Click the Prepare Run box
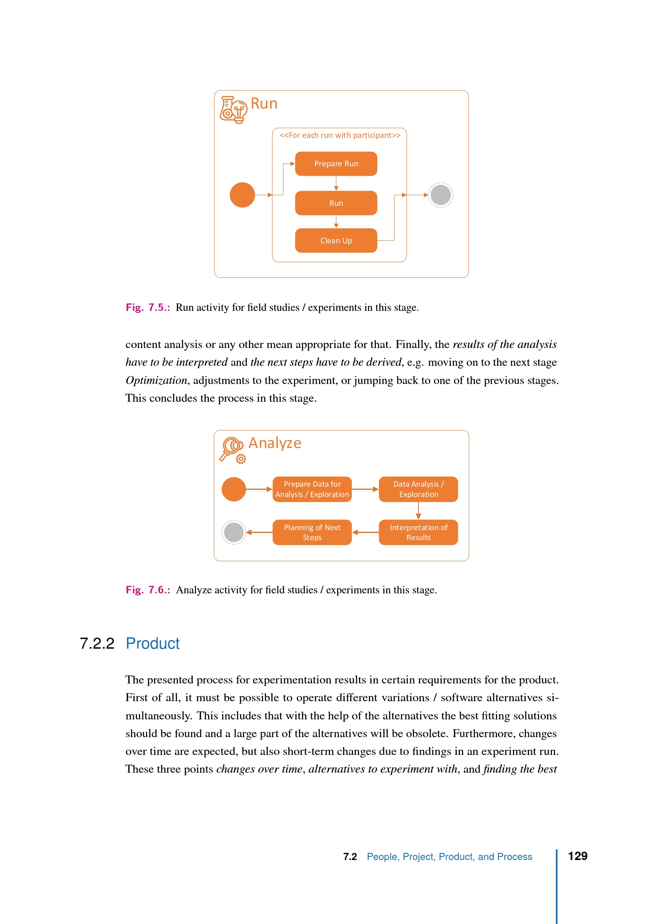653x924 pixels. click(x=336, y=164)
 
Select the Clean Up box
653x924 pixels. click(x=336, y=241)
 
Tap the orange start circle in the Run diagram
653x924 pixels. click(x=242, y=195)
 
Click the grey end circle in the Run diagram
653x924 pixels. click(x=440, y=195)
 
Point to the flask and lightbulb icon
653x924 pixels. click(x=233, y=110)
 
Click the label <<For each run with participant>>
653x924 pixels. click(x=340, y=135)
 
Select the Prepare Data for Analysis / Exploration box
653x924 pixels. click(x=312, y=489)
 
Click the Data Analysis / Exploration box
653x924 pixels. click(x=418, y=489)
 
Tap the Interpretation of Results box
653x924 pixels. click(x=418, y=532)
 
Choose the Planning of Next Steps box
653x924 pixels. click(x=312, y=532)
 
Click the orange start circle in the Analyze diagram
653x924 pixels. click(x=234, y=489)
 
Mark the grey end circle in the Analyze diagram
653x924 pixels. click(x=234, y=532)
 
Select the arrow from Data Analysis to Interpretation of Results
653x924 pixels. click(x=418, y=511)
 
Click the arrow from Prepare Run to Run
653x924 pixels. click(x=336, y=183)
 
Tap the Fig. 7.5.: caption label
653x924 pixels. click(x=148, y=307)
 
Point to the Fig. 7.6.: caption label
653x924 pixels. click(x=148, y=590)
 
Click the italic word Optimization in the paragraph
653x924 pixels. click(x=156, y=380)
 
